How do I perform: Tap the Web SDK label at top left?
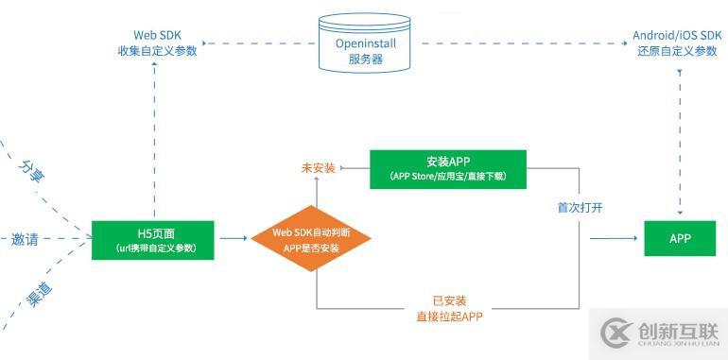151,43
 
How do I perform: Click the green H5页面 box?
153,239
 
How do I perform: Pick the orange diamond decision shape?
310,239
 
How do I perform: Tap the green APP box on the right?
681,238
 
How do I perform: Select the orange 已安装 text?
449,300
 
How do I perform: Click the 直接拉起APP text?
449,317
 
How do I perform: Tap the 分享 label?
32,171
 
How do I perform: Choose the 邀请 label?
26,239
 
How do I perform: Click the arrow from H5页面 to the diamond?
234,239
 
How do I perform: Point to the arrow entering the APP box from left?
615,238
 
